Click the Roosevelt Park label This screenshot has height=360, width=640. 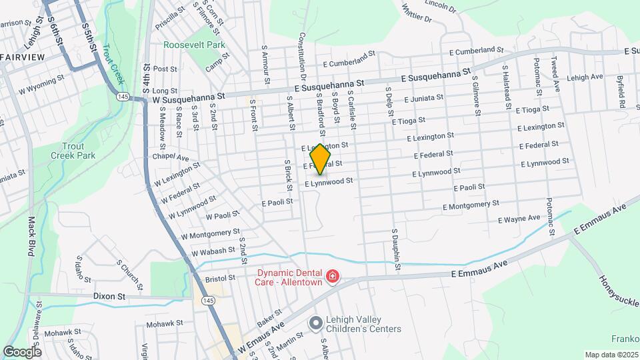click(x=195, y=45)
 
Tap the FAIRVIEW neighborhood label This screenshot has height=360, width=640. click(x=23, y=57)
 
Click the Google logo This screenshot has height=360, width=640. click(x=21, y=351)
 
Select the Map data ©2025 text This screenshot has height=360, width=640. click(x=611, y=355)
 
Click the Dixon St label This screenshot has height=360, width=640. click(x=109, y=295)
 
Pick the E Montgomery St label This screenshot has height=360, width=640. click(x=471, y=205)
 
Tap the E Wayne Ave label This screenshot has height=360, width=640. click(x=519, y=219)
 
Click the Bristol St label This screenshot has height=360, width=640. click(x=221, y=278)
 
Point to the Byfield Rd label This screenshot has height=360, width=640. click(x=621, y=92)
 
